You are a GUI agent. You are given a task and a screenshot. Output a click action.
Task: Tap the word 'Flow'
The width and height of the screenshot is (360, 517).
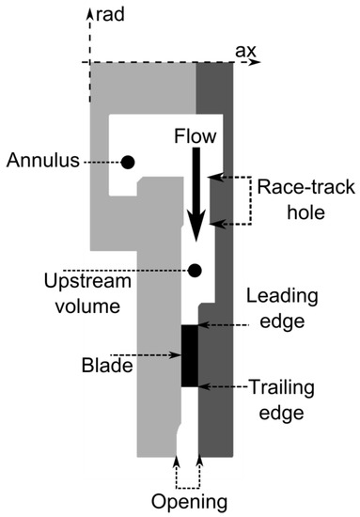pos(196,136)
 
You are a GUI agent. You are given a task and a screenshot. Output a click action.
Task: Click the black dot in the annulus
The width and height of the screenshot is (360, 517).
pos(128,162)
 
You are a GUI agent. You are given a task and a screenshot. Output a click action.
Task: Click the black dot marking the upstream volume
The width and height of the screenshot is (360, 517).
pos(195,271)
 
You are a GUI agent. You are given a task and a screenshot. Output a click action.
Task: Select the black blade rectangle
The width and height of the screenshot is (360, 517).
pos(189,354)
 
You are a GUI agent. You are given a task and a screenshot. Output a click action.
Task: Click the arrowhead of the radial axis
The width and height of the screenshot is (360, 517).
pos(89,12)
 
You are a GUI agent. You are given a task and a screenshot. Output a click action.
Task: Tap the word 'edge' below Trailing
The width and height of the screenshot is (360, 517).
pos(281,411)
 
